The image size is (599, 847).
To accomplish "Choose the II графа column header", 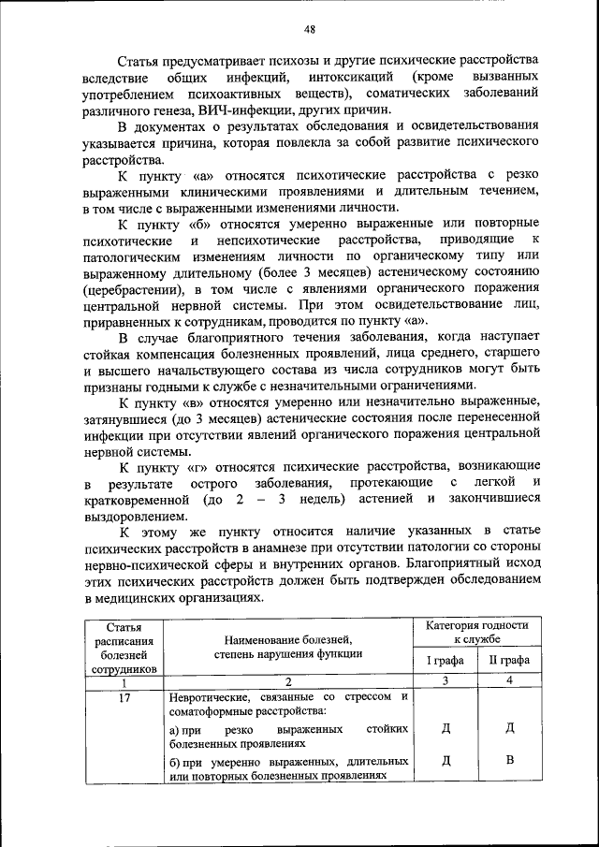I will [x=509, y=661].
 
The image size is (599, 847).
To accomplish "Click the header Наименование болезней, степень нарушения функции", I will [x=286, y=647].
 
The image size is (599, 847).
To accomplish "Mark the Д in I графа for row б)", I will [x=446, y=759].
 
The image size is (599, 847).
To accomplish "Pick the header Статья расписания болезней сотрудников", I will [x=124, y=647].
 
